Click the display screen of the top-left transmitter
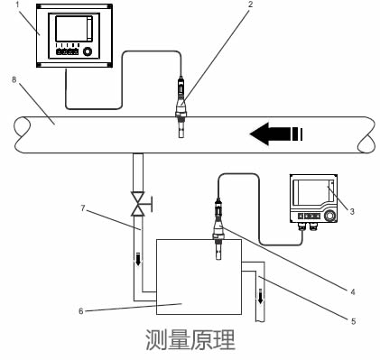pyautogui.click(x=72, y=30)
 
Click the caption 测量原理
pyautogui.click(x=190, y=340)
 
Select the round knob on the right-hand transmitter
pyautogui.click(x=333, y=217)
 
